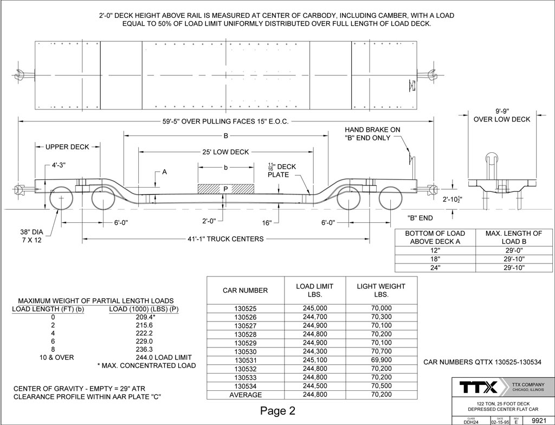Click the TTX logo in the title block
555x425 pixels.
pyautogui.click(x=478, y=387)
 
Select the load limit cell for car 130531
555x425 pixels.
pyautogui.click(x=315, y=360)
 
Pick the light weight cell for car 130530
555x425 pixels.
pyautogui.click(x=382, y=351)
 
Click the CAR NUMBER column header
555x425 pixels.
pyautogui.click(x=246, y=291)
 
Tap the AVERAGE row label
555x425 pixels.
pyautogui.click(x=246, y=395)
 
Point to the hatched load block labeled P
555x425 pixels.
pyautogui.click(x=226, y=189)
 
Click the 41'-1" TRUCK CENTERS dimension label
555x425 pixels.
pyautogui.click(x=225, y=239)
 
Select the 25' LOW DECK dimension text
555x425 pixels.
pyautogui.click(x=225, y=152)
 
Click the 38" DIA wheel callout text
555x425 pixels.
pyautogui.click(x=31, y=233)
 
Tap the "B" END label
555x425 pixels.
pyautogui.click(x=420, y=218)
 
